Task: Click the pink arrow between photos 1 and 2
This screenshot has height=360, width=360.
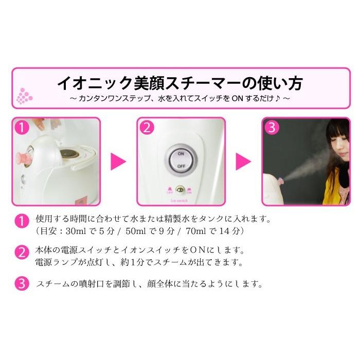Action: click(x=119, y=161)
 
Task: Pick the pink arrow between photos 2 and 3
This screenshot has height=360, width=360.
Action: click(x=243, y=161)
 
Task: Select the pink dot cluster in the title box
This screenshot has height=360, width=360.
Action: click(x=24, y=95)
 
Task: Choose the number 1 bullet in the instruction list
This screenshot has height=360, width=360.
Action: click(x=21, y=222)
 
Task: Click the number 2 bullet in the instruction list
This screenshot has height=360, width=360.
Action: click(x=21, y=253)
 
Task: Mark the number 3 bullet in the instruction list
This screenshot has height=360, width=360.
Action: click(x=21, y=283)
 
